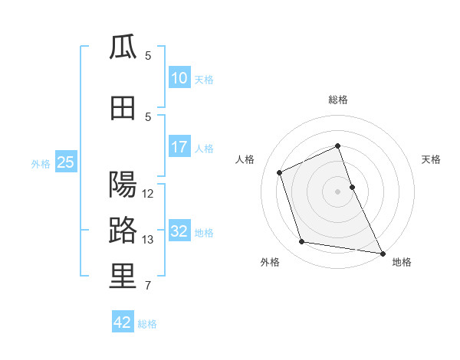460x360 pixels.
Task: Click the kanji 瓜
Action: pyautogui.click(x=123, y=47)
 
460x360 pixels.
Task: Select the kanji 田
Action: pyautogui.click(x=123, y=108)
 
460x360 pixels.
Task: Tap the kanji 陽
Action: pyautogui.click(x=123, y=185)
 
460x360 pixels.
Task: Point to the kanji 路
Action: pyautogui.click(x=123, y=230)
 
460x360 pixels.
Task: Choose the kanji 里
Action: pyautogui.click(x=123, y=276)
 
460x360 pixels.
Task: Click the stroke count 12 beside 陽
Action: pyautogui.click(x=147, y=194)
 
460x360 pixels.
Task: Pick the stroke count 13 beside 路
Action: pyautogui.click(x=147, y=240)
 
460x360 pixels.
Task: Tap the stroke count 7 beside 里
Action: pyautogui.click(x=148, y=285)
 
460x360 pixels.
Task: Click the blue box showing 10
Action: pyautogui.click(x=179, y=77)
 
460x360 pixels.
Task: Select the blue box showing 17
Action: pyautogui.click(x=179, y=146)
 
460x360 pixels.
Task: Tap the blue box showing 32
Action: pyautogui.click(x=179, y=230)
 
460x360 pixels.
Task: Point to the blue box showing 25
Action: pyautogui.click(x=66, y=162)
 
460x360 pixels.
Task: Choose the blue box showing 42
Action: pyautogui.click(x=123, y=321)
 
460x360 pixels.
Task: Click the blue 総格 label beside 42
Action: pyautogui.click(x=147, y=324)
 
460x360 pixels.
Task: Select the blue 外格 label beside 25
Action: pyautogui.click(x=41, y=164)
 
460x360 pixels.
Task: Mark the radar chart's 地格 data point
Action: pyautogui.click(x=383, y=254)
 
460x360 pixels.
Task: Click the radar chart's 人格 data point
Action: pyautogui.click(x=279, y=172)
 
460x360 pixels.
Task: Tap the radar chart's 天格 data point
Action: pyautogui.click(x=353, y=187)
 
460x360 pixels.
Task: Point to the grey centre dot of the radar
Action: pyautogui.click(x=337, y=191)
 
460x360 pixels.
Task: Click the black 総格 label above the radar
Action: pyautogui.click(x=338, y=100)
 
